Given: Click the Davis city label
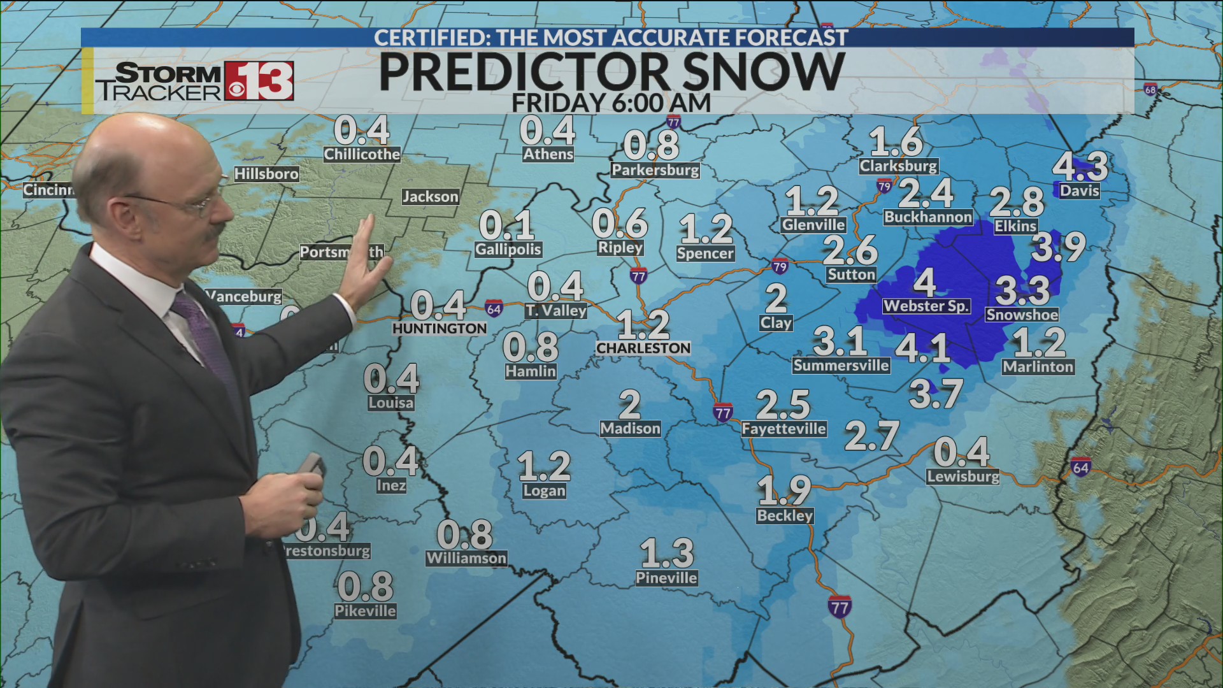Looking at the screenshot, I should coord(1080,190).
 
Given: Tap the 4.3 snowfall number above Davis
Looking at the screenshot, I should coord(1080,166).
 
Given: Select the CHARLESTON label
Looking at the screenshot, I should coord(643,348).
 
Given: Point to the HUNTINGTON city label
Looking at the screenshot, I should coord(440,328).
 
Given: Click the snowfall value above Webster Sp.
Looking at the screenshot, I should coord(924,282).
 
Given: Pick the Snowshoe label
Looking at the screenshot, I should coord(1022,315).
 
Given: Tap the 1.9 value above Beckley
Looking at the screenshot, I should coord(784,491).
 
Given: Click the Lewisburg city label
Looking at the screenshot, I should coord(963,477).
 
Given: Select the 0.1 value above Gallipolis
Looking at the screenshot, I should coord(506,225).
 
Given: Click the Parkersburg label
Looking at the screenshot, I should coord(655,170).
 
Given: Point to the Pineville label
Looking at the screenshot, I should coord(666,578).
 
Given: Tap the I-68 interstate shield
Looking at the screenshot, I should coord(1150,90).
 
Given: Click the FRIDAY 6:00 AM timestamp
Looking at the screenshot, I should coord(611,103).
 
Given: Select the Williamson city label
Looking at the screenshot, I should coord(466,558).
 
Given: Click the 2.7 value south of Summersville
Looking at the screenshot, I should coord(871,436).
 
